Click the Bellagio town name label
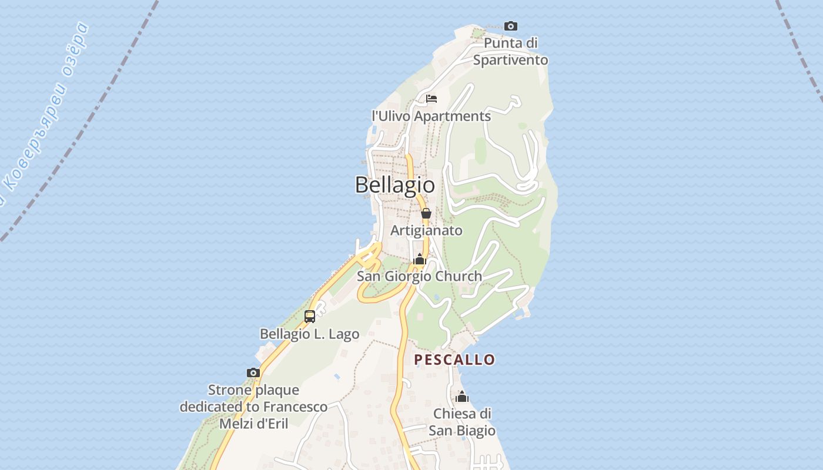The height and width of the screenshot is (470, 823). click(x=395, y=185)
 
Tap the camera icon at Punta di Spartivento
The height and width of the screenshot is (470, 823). click(x=511, y=26)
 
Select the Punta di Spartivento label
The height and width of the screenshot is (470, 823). click(x=510, y=51)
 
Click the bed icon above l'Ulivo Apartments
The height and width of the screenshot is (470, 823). click(x=431, y=98)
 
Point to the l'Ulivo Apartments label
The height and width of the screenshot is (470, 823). click(x=431, y=116)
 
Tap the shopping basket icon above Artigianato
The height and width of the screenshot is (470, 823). click(x=426, y=213)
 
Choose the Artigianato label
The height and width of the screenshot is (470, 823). click(x=426, y=230)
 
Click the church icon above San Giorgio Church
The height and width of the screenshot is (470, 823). click(x=419, y=259)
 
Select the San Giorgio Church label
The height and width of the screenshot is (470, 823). click(x=420, y=276)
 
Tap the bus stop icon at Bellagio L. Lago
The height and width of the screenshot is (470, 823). click(x=310, y=317)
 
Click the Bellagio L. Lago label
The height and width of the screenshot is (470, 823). click(x=309, y=334)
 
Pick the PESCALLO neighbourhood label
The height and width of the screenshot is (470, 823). click(x=454, y=360)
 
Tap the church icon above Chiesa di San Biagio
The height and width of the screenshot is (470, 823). click(x=462, y=397)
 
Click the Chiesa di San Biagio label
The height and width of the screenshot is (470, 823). click(x=462, y=422)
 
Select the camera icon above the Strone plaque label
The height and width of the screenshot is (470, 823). click(x=253, y=372)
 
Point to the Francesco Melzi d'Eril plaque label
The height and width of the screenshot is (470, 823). click(x=253, y=407)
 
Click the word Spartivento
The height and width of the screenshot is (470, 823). click(x=510, y=60)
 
